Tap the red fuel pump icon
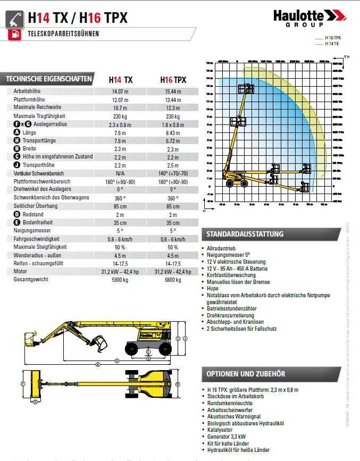14,35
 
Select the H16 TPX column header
173,80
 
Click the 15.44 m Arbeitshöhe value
173,91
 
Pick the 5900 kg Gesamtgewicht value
120,279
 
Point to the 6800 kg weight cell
173,279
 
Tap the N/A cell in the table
120,173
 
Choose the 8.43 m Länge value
173,132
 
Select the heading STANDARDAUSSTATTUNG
245,234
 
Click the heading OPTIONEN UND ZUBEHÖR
246,374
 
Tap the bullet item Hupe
212,288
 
